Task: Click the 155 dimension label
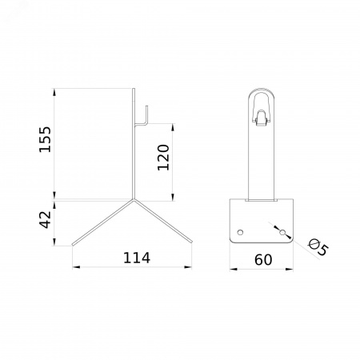45,139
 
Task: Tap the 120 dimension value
163,158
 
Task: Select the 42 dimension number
45,219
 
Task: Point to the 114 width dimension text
137,258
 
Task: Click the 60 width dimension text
263,260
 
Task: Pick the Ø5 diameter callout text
318,247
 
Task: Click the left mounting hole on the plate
240,232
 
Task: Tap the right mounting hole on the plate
282,232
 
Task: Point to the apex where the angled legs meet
134,199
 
